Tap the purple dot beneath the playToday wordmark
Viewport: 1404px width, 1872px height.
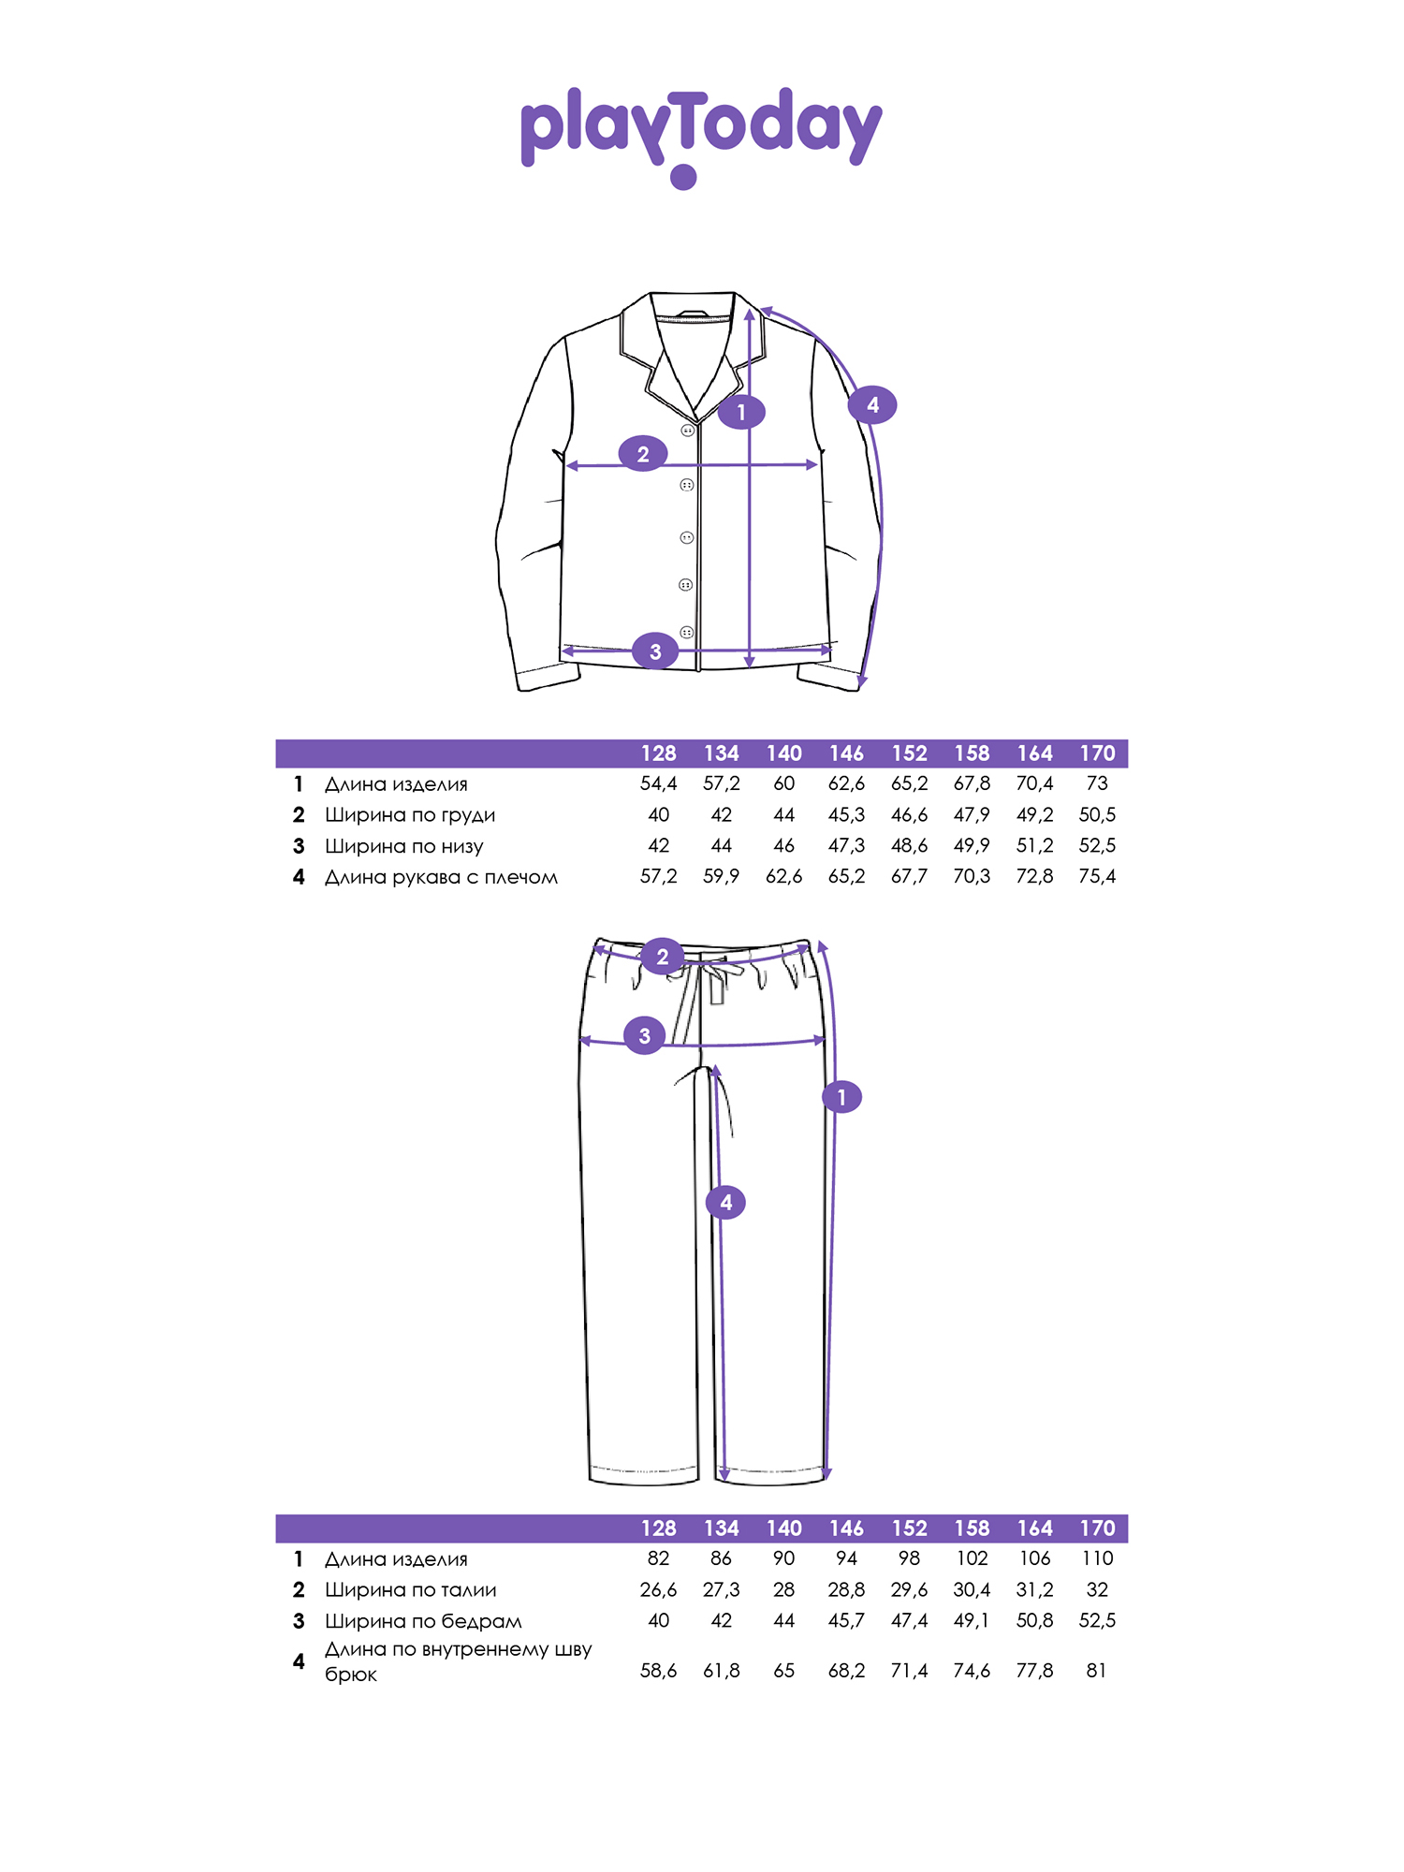pyautogui.click(x=684, y=177)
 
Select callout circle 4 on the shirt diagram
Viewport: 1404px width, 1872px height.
pyautogui.click(x=872, y=405)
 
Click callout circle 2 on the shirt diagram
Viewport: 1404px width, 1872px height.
pyautogui.click(x=643, y=454)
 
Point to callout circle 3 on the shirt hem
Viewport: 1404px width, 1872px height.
pyautogui.click(x=655, y=651)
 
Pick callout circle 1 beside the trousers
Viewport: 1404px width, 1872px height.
pyautogui.click(x=841, y=1097)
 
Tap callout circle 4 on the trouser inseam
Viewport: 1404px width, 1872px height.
pyautogui.click(x=726, y=1203)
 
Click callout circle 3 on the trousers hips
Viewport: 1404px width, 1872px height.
pyautogui.click(x=644, y=1036)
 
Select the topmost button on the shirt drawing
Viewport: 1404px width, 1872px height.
pyautogui.click(x=688, y=431)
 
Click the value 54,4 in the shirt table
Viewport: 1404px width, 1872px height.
pyautogui.click(x=659, y=783)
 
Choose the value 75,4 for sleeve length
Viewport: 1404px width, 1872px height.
pyautogui.click(x=1097, y=876)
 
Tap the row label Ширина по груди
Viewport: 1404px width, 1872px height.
pyautogui.click(x=410, y=815)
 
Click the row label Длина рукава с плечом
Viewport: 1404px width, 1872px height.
pyautogui.click(x=441, y=877)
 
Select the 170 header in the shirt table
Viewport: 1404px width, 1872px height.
pyautogui.click(x=1097, y=753)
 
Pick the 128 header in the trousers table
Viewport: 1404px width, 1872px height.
pyautogui.click(x=659, y=1528)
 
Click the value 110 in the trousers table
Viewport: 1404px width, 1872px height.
pyautogui.click(x=1097, y=1558)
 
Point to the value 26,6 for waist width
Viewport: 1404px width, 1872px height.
pyautogui.click(x=659, y=1589)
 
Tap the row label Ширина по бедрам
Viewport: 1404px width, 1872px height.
pyautogui.click(x=423, y=1621)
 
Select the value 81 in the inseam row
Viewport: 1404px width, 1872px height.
pyautogui.click(x=1097, y=1670)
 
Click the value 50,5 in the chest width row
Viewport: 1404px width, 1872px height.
pyautogui.click(x=1097, y=814)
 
